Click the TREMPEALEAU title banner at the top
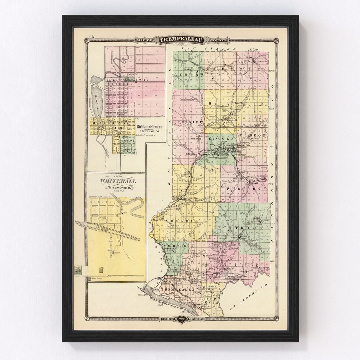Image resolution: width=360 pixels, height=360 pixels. (181, 40)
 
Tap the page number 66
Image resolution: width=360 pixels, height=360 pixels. (91, 37)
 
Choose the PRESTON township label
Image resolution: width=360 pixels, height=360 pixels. (248, 188)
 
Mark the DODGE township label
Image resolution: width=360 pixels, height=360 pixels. (175, 246)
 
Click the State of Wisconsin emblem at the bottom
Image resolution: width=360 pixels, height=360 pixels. (181, 319)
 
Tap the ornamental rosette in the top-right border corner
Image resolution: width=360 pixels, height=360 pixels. (276, 41)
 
